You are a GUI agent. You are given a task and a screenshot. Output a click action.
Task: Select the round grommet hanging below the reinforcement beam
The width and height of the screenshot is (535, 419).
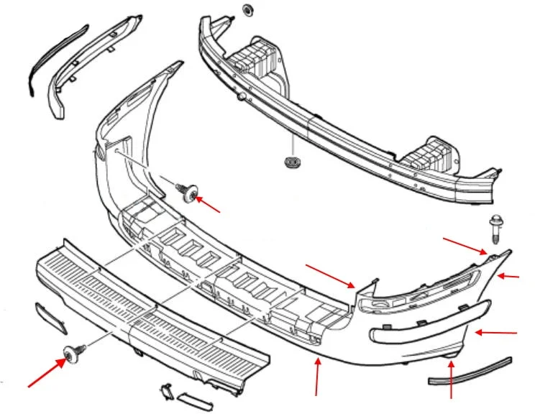tap(292, 162)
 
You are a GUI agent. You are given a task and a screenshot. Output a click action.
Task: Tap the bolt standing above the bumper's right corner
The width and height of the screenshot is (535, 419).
tap(495, 226)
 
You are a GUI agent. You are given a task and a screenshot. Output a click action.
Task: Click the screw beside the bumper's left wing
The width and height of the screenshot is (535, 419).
tap(190, 193)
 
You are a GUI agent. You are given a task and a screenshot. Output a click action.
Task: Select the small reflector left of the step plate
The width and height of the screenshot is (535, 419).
tap(51, 318)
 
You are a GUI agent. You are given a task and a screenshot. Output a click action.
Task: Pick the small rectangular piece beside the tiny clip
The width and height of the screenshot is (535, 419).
tap(195, 400)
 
